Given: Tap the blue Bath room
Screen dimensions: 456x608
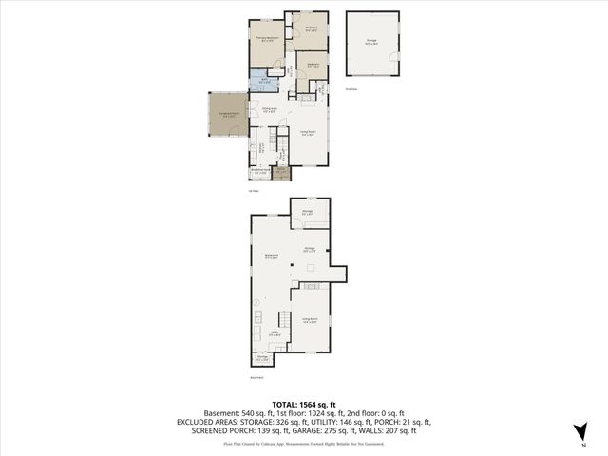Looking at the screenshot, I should pos(263,81).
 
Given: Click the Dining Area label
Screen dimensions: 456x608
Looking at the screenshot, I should pos(270,110).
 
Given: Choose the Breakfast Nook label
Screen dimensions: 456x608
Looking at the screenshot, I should pos(259,172).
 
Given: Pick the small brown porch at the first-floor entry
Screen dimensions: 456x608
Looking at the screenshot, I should pos(280,173).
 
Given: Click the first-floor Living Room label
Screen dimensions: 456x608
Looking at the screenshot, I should pos(309,134).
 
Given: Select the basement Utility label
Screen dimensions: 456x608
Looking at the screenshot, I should pos(274,333).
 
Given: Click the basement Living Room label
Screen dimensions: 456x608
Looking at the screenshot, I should pos(309,320).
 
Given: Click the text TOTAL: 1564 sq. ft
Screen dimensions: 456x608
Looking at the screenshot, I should pos(303,404).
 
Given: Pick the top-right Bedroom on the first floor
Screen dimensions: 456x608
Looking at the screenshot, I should pos(312,28).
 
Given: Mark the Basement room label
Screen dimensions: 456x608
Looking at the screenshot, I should pos(271,256).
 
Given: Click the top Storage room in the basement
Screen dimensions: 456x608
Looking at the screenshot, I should pos(308,212).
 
